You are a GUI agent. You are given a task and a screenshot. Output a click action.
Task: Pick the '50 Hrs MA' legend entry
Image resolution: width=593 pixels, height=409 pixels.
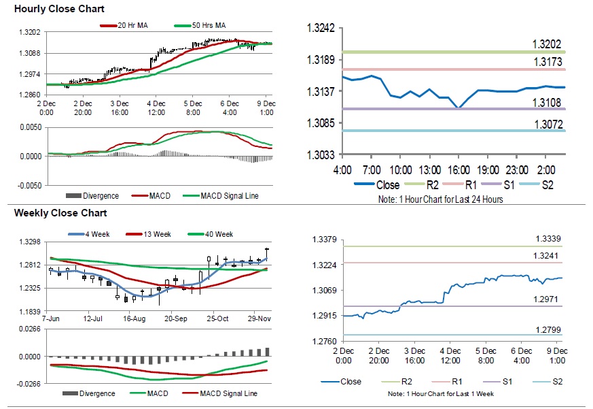(206, 25)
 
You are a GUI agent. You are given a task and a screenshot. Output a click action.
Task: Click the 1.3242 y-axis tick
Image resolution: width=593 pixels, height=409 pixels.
(321, 28)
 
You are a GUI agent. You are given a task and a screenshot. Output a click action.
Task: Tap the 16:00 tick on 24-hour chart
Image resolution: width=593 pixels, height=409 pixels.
(459, 169)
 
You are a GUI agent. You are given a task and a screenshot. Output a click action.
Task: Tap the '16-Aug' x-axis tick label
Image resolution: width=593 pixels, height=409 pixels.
(134, 318)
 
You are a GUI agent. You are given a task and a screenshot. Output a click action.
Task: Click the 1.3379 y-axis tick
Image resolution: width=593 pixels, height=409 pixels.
(324, 239)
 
